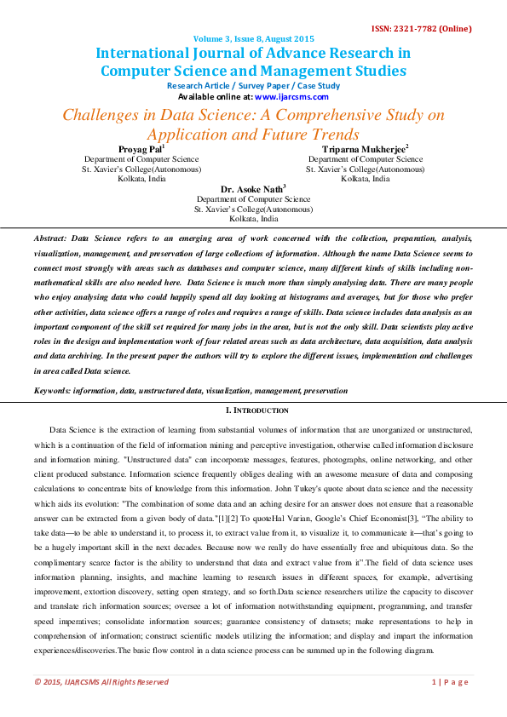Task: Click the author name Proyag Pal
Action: (140, 149)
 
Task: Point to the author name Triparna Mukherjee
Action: (365, 149)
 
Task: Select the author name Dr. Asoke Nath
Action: (253, 189)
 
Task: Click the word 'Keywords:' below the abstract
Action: (52, 391)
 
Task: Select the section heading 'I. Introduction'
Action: (253, 410)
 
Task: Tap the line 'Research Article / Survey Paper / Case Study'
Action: (253, 86)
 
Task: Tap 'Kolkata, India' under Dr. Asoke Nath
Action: (253, 219)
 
